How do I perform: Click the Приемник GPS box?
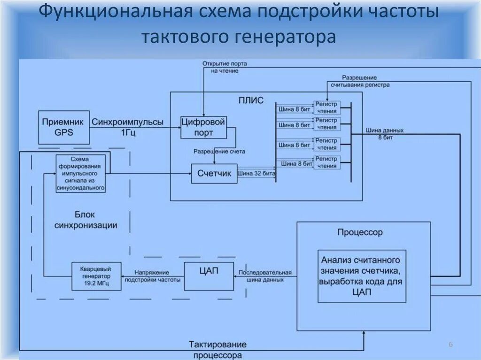63,127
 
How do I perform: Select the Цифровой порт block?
203,127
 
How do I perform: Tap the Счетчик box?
214,174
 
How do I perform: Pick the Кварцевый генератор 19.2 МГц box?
96,276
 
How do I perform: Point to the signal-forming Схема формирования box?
80,173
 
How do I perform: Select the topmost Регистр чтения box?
326,107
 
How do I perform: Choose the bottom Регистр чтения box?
326,162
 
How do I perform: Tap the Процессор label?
360,232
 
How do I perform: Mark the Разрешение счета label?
219,152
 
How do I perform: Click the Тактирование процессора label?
217,350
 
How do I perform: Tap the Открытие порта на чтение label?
225,67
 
